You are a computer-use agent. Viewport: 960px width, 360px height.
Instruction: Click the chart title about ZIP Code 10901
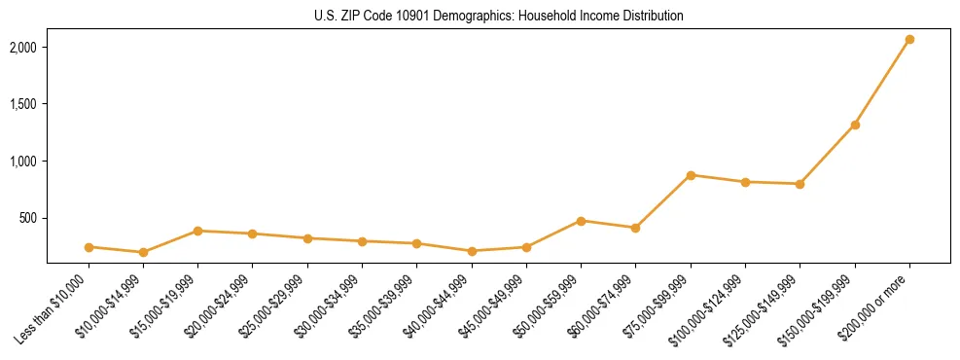click(498, 17)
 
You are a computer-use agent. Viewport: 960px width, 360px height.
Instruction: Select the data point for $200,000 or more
click(909, 40)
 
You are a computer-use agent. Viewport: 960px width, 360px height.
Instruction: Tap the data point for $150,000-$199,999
click(855, 125)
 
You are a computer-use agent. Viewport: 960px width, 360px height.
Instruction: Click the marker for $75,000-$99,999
click(691, 175)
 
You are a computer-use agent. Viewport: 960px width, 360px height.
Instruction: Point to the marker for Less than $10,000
click(89, 247)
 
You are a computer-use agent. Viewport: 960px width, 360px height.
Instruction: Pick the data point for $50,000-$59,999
click(581, 221)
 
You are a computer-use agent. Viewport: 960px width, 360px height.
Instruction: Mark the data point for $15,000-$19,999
click(197, 231)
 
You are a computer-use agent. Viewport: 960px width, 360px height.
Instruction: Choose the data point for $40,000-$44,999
click(472, 251)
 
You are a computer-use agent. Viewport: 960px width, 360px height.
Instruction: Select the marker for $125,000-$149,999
click(800, 184)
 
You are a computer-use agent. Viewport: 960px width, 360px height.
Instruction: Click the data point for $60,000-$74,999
click(636, 228)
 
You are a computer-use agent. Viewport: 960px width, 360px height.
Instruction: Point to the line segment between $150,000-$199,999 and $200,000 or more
click(882, 83)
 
